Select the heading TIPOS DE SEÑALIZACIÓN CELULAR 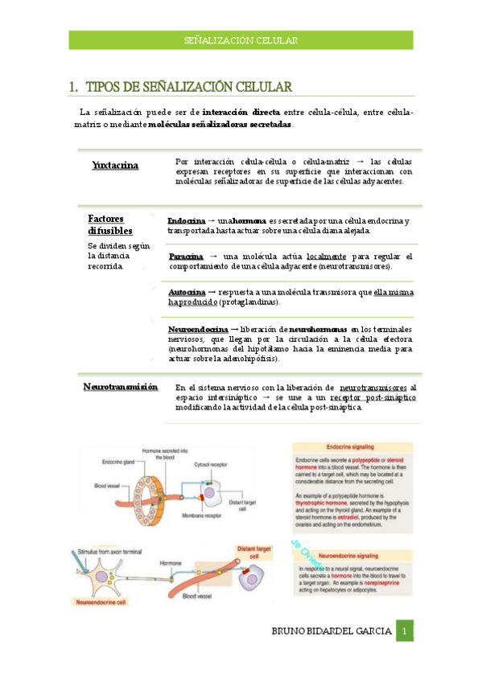click(188, 87)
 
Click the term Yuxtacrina click(115, 166)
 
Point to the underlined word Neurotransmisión click(121, 387)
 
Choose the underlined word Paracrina click(186, 257)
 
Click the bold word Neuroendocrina click(198, 330)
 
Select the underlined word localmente click(331, 257)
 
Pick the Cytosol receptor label click(212, 465)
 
